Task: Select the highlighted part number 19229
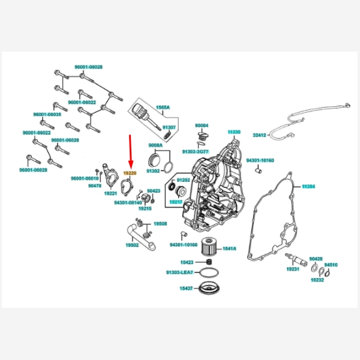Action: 130,172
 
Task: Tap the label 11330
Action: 233,131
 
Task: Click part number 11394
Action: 308,187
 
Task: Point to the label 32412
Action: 259,136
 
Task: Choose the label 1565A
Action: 163,107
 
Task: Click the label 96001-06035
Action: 47,114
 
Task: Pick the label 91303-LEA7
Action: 179,272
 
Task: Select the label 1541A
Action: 230,248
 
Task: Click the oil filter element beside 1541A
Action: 209,247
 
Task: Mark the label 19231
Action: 292,269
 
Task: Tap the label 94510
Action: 331,265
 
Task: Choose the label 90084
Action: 202,126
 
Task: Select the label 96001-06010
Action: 85,178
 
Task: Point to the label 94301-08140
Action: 128,202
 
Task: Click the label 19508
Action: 160,224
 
